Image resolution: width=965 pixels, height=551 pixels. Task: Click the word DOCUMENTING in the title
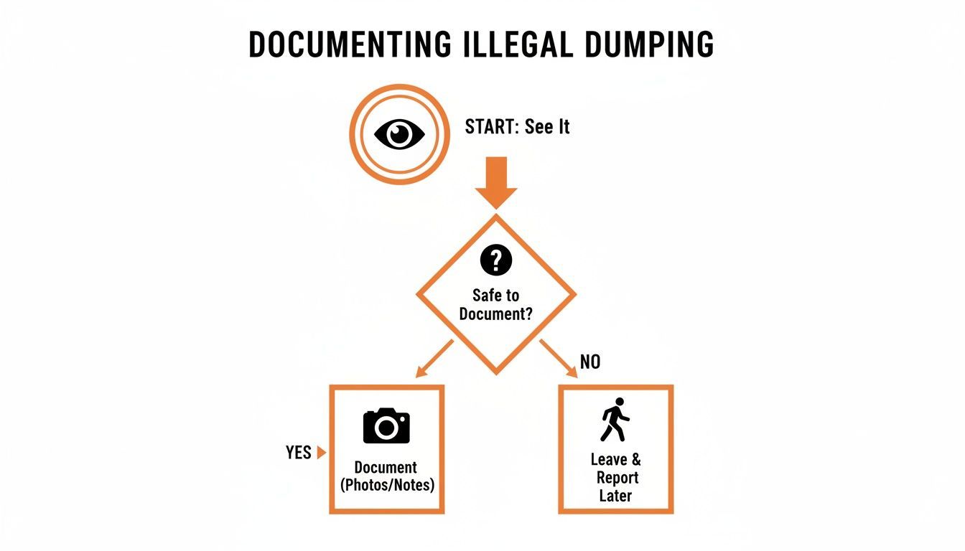point(350,44)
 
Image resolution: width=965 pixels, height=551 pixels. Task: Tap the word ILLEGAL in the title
point(513,44)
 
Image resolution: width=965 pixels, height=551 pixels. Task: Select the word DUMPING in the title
point(650,44)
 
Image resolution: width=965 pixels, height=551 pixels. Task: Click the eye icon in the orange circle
point(400,134)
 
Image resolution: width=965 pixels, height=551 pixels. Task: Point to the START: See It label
point(517,127)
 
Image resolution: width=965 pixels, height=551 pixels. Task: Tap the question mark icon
point(496,260)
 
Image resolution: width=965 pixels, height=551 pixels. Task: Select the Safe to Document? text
point(495,304)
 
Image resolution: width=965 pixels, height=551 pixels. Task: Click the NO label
point(589,362)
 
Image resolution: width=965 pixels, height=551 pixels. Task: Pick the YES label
point(298,453)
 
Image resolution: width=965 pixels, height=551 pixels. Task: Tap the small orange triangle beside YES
point(321,453)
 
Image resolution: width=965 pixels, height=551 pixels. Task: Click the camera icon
point(386,425)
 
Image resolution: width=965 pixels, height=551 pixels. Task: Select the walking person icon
point(615,420)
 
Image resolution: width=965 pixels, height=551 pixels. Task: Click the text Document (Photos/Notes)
point(387,476)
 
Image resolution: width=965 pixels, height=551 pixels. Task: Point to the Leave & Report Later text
point(615,477)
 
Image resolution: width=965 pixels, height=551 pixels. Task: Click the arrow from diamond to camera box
point(434,358)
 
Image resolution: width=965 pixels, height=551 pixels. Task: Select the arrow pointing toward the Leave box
point(559,358)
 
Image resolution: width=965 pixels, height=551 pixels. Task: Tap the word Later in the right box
point(615,496)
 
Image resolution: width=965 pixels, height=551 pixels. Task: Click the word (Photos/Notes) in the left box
point(387,485)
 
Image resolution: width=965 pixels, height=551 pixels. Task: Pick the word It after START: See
point(561,127)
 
